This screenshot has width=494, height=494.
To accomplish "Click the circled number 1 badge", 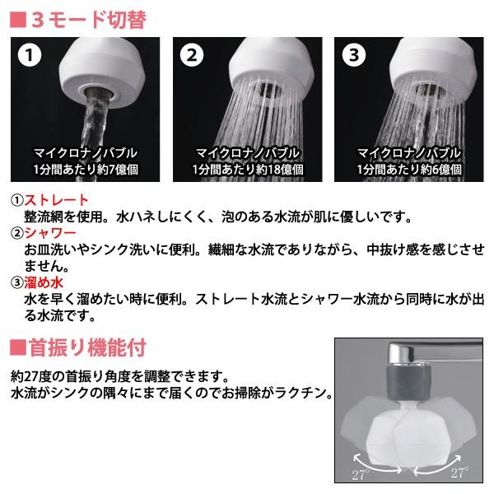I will coord(30,57).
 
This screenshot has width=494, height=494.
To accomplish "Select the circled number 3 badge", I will coord(355,57).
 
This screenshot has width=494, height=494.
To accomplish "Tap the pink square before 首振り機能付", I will coord(16,346).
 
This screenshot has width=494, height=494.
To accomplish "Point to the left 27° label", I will coord(359,474).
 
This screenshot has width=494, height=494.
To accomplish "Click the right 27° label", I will coord(459,474).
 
